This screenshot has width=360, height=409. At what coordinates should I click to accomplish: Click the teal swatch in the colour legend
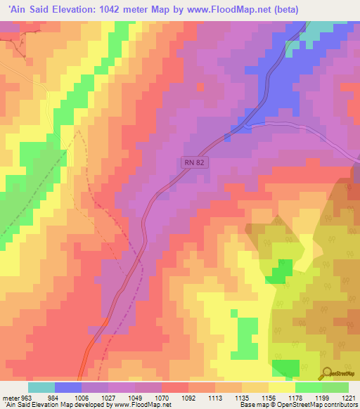41,387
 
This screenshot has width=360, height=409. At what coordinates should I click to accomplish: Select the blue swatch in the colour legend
68,387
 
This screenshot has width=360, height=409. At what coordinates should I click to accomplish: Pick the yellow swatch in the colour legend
281,387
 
